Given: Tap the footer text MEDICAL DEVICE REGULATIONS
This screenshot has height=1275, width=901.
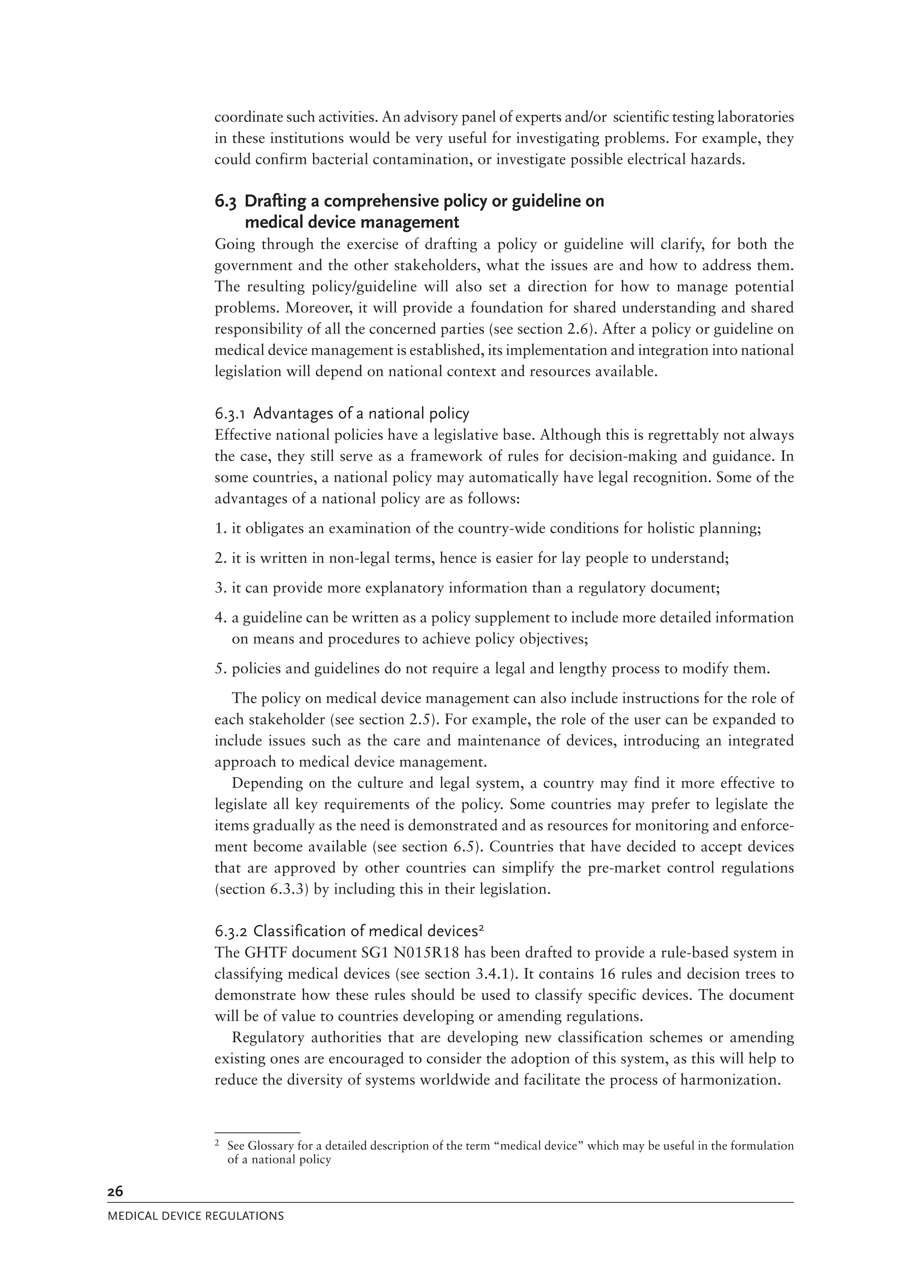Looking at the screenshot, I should point(195,1216).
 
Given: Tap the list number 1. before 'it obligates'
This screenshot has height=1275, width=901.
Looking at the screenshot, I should point(221,528).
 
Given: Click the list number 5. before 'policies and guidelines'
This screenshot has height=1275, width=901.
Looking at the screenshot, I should point(221,669).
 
